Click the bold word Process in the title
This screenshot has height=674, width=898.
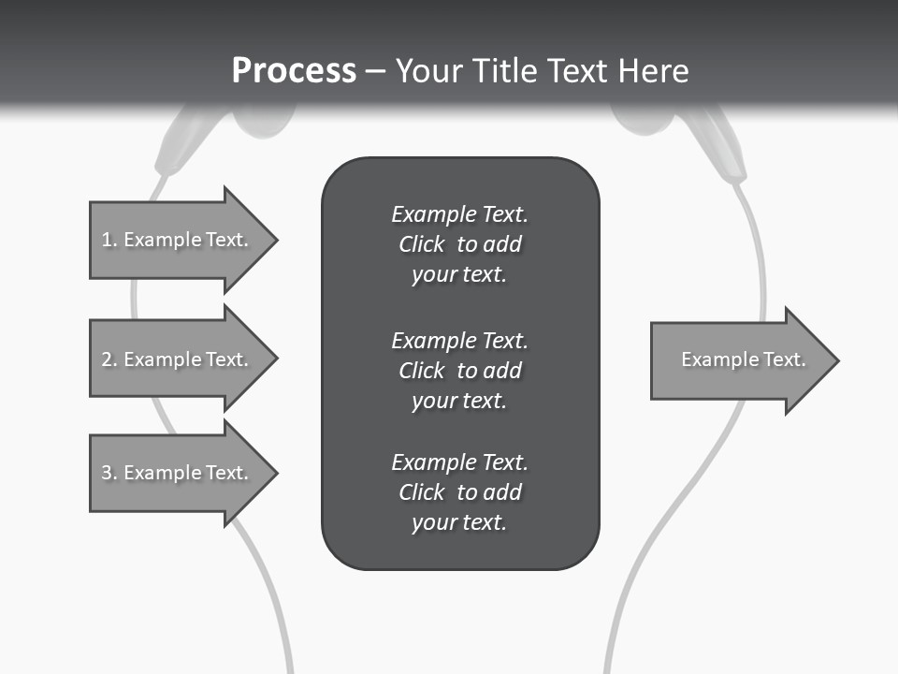(x=294, y=71)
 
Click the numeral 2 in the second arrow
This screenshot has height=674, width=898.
(x=107, y=359)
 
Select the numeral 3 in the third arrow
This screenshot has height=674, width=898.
(x=107, y=473)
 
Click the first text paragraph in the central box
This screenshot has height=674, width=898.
(x=459, y=244)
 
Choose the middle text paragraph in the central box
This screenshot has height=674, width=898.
(x=459, y=370)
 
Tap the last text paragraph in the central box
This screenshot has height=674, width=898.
(x=459, y=492)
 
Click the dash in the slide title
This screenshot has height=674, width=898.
(x=375, y=72)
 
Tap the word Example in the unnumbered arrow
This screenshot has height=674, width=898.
(x=716, y=359)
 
